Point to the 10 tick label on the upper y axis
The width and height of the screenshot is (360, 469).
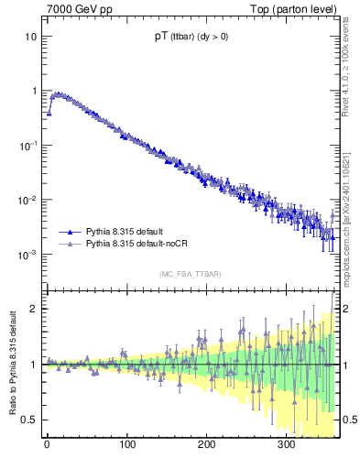(31, 37)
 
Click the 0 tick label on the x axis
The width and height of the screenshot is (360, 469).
(47, 444)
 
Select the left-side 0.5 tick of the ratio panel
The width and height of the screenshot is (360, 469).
(30, 420)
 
